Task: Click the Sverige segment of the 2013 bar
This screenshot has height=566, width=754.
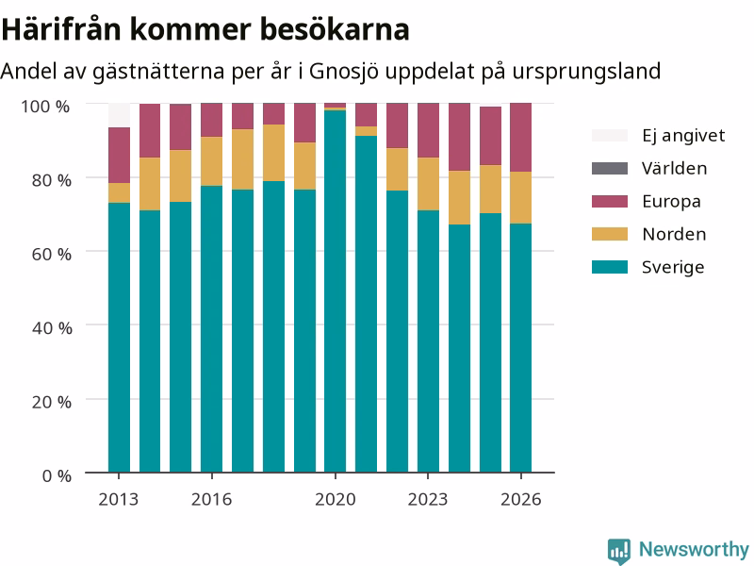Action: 119,338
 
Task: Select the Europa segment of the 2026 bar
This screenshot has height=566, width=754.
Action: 521,137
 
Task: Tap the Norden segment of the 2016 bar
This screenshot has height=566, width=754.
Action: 211,161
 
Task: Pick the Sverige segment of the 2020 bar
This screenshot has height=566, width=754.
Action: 336,291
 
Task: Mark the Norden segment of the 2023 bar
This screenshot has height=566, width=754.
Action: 428,184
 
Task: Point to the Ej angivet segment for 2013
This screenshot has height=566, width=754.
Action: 119,115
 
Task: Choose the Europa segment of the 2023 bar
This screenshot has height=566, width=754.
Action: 428,130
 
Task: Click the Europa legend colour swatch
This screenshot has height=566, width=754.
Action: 610,201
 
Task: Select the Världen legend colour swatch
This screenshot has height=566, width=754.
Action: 610,168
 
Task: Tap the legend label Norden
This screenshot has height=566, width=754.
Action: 674,234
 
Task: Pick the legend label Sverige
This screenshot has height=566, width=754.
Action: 673,267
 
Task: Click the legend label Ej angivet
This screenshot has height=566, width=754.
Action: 683,136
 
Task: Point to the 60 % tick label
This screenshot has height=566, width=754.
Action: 52,254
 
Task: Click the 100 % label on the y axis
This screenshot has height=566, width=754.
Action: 45,107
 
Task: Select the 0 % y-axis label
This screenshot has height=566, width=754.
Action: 57,476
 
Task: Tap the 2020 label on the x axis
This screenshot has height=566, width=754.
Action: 336,500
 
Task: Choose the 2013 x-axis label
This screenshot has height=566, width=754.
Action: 119,500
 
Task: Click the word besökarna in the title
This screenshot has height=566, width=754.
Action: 336,29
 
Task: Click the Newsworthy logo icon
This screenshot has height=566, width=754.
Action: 619,551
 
